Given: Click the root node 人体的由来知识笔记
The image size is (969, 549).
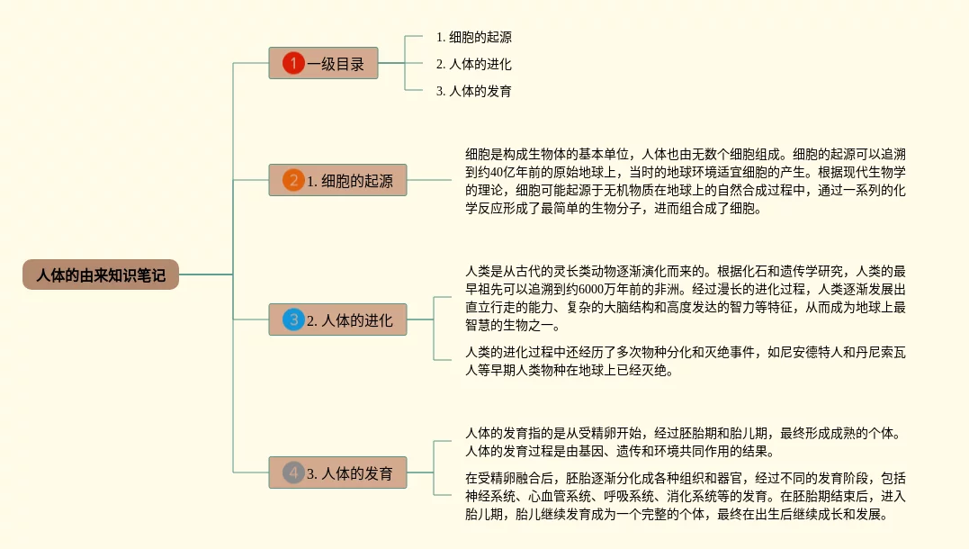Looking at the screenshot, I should (x=101, y=274).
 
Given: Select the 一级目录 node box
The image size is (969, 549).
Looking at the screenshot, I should (x=323, y=63).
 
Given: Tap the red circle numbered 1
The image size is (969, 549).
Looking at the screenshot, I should (x=293, y=63).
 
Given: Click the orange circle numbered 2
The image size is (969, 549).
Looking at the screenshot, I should (x=293, y=180).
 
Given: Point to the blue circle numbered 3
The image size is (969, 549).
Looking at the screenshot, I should (x=293, y=319).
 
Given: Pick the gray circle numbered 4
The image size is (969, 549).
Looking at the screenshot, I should (x=293, y=472).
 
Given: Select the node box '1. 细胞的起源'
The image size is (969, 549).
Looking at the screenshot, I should (x=337, y=180).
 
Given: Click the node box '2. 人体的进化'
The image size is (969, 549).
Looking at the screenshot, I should (x=337, y=319).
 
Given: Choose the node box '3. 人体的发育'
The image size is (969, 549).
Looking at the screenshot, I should (x=337, y=472).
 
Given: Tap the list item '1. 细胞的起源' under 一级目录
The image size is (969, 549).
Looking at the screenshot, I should (x=473, y=37).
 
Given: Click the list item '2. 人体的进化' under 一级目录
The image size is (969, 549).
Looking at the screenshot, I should (x=473, y=64).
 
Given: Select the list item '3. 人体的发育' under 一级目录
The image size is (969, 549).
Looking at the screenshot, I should (x=473, y=91).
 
